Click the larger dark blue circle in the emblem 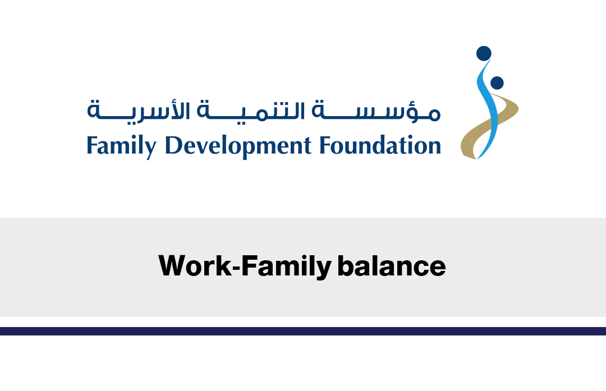click(484, 53)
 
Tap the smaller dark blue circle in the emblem click(497, 82)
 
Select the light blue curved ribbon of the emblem click(489, 112)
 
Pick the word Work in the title click(195, 265)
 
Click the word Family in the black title click(286, 266)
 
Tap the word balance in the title click(392, 265)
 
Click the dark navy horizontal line click(303, 331)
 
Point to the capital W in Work click(173, 265)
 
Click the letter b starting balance click(345, 265)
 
